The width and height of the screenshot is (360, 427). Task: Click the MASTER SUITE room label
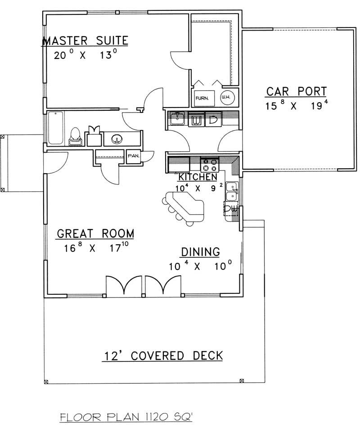[x=85, y=41]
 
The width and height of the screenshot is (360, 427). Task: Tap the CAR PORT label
[x=296, y=92]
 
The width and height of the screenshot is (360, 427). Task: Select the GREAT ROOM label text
[x=95, y=234]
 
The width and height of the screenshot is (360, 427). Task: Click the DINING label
[x=200, y=252]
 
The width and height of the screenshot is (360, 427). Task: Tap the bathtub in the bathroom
[x=56, y=128]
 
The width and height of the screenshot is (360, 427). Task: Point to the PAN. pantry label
[x=134, y=156]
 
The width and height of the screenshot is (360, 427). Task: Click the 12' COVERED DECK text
[x=161, y=355]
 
